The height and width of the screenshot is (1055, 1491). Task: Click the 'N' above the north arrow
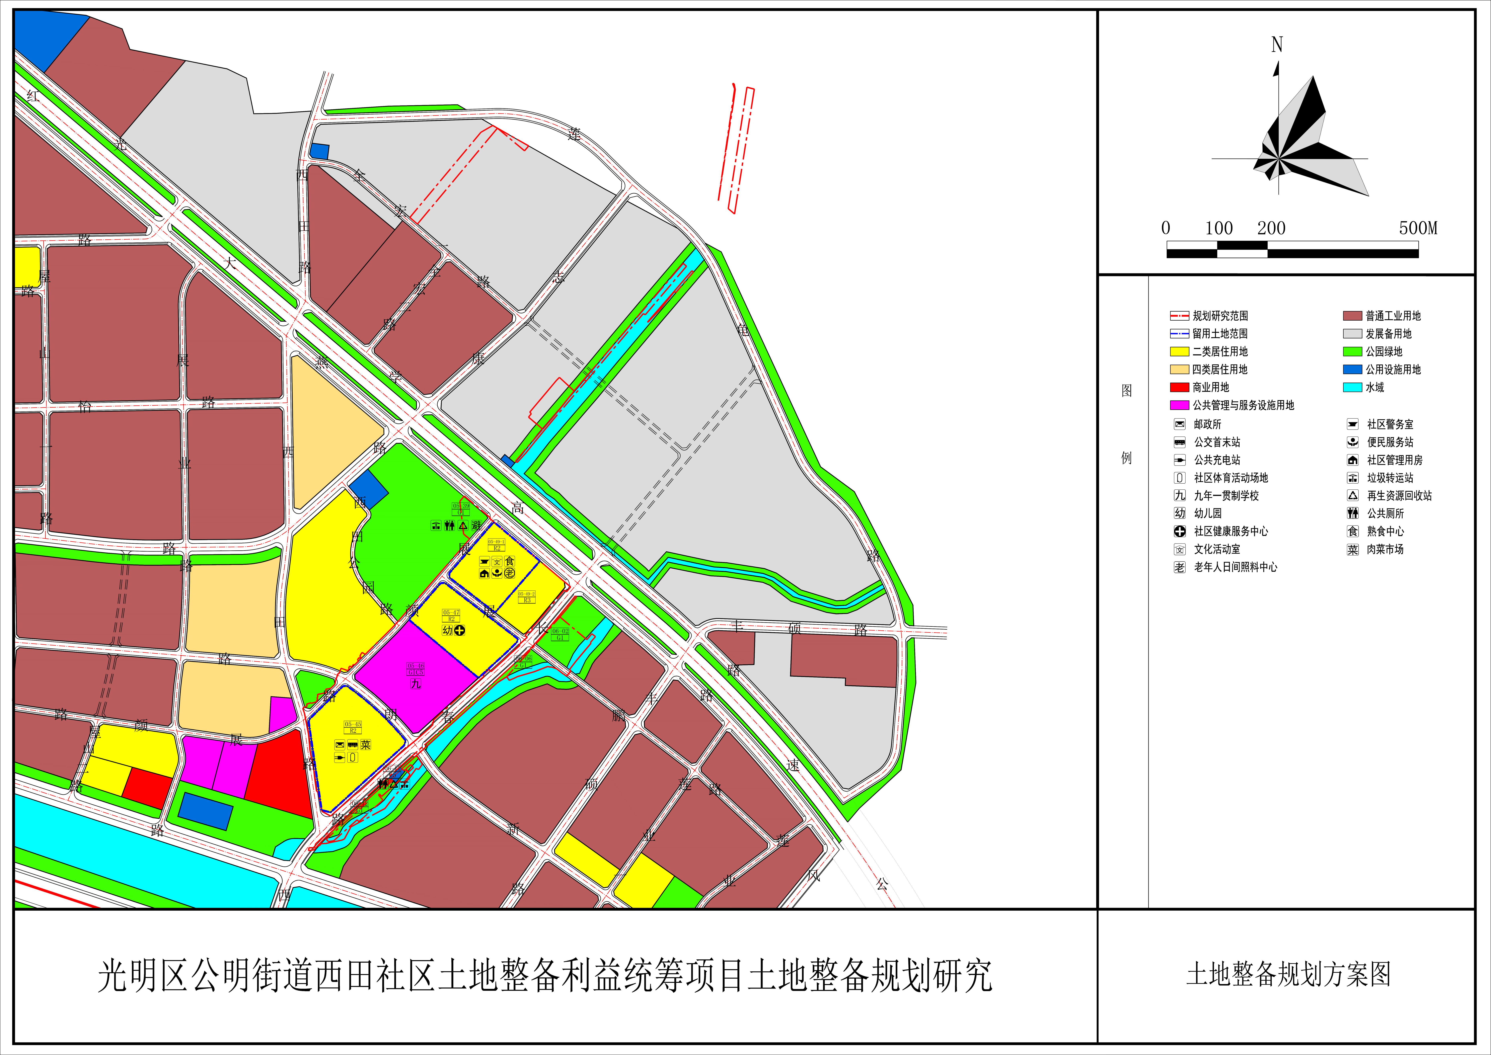[1277, 45]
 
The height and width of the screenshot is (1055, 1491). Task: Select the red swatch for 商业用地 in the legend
[1179, 387]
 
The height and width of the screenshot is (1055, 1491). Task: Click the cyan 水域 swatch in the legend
[1352, 387]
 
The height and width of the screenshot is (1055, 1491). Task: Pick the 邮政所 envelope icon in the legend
[1179, 424]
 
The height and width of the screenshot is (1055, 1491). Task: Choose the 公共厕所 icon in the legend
[1353, 513]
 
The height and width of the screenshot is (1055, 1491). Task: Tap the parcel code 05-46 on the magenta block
[416, 666]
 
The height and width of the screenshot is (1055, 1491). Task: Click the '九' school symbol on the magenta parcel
[416, 683]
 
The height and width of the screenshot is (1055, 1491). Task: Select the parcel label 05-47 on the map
[451, 613]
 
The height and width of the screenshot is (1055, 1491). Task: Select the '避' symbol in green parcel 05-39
[476, 525]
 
